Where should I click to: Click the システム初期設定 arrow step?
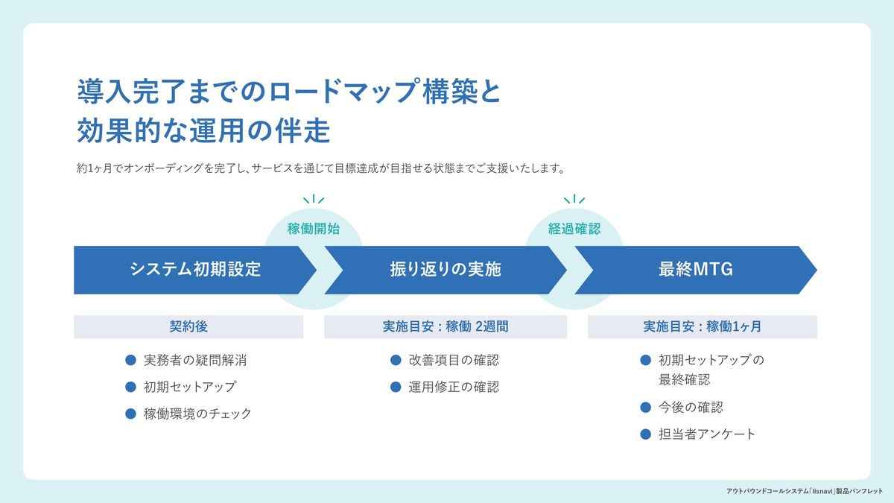(195, 270)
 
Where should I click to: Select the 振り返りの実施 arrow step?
(446, 270)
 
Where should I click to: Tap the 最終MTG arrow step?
(696, 270)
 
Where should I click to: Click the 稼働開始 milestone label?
(314, 229)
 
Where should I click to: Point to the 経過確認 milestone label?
(574, 229)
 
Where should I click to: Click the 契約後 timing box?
(188, 326)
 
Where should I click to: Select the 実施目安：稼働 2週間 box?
(446, 326)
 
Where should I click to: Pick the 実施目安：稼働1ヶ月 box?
(703, 326)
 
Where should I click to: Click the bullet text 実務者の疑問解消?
(195, 361)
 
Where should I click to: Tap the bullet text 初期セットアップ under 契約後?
(190, 387)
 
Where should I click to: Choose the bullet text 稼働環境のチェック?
(197, 414)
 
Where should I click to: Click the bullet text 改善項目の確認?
(454, 361)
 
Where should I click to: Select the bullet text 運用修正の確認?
(454, 387)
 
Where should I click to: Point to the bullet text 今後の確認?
(691, 407)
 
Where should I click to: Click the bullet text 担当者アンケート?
(707, 434)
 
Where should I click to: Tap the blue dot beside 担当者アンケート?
(646, 434)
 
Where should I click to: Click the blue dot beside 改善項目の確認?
(396, 361)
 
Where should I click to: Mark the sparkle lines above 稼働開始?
(314, 199)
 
